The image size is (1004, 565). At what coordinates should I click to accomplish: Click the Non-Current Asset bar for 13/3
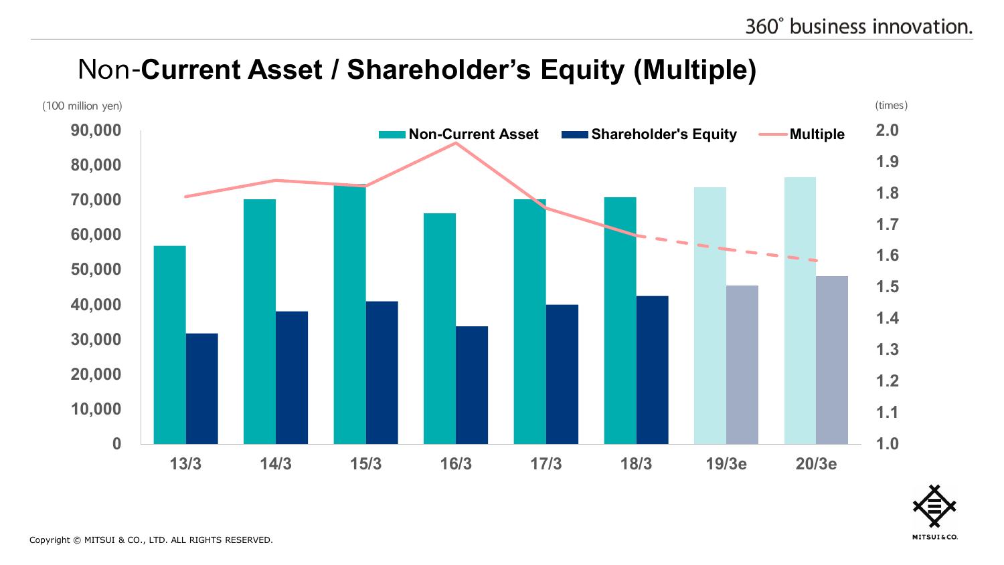coord(170,344)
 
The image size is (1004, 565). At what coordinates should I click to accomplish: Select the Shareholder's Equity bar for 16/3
coord(472,384)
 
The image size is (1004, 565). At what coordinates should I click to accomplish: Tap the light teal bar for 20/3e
coord(800,311)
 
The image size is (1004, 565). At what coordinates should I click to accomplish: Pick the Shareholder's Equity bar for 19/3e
coord(742,364)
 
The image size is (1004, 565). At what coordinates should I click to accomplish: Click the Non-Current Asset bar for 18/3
coord(620,321)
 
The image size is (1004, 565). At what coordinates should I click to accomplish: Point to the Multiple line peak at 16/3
coord(456,142)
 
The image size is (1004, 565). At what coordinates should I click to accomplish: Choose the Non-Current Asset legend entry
coord(458,134)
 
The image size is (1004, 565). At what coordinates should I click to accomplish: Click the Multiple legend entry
coord(803,134)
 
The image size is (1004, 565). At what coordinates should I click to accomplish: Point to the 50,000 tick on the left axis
coord(96,269)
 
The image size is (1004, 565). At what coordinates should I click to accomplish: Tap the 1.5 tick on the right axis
coord(888,287)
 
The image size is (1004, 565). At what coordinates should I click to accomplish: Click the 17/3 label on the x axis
coord(546,464)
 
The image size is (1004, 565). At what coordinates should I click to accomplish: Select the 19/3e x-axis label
coord(726,464)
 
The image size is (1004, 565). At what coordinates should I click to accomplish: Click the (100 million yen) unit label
coord(82,106)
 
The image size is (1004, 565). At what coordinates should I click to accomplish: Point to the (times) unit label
coord(891,106)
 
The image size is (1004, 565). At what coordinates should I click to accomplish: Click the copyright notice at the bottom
coord(151,540)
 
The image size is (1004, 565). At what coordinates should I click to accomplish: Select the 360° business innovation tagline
coord(859,26)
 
